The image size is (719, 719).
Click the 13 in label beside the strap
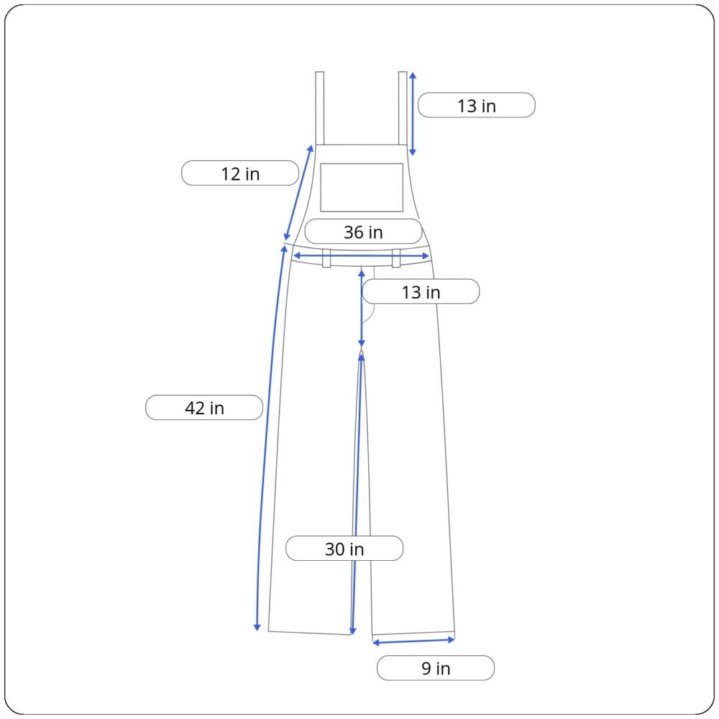point(477,105)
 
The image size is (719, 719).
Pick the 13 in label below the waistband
point(421,291)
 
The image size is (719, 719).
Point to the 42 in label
point(204,407)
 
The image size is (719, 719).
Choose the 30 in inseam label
point(344,548)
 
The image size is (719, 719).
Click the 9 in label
point(436,668)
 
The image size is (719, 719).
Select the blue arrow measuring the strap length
point(412,114)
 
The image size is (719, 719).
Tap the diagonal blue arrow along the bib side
point(298,193)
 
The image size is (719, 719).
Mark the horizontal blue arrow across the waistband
point(362,256)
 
